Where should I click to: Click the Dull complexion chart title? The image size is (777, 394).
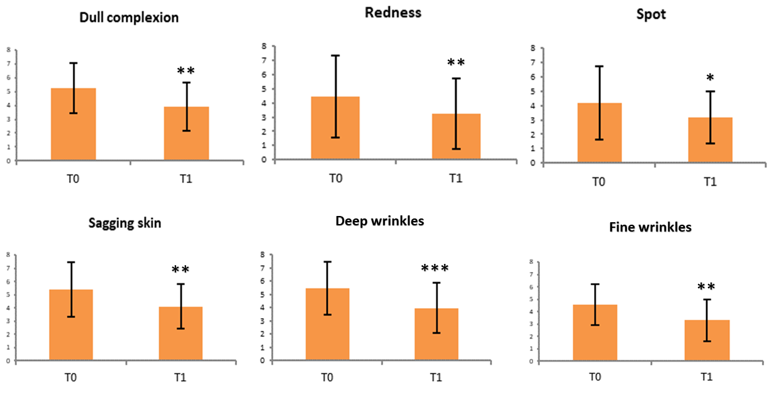[x=129, y=17]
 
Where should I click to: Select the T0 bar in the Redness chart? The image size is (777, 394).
[x=335, y=128]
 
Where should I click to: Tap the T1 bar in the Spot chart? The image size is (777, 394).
[x=710, y=140]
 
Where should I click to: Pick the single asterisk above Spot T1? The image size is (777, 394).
[x=710, y=78]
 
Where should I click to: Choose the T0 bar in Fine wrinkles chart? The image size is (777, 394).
[x=595, y=332]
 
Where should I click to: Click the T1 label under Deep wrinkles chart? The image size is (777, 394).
[x=435, y=377]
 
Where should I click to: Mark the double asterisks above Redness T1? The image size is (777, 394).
[x=456, y=63]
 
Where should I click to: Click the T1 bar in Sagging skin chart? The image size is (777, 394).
[x=180, y=333]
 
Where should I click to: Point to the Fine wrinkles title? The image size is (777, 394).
[x=650, y=227]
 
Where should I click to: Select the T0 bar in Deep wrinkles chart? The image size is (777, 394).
[x=327, y=324]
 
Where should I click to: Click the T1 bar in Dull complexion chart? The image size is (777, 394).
[x=186, y=133]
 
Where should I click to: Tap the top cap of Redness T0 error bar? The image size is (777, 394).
[x=335, y=55]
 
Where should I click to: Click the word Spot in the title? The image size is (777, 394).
[x=651, y=14]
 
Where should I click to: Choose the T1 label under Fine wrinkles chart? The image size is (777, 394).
[x=706, y=377]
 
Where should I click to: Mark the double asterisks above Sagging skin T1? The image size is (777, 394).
[x=180, y=270]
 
